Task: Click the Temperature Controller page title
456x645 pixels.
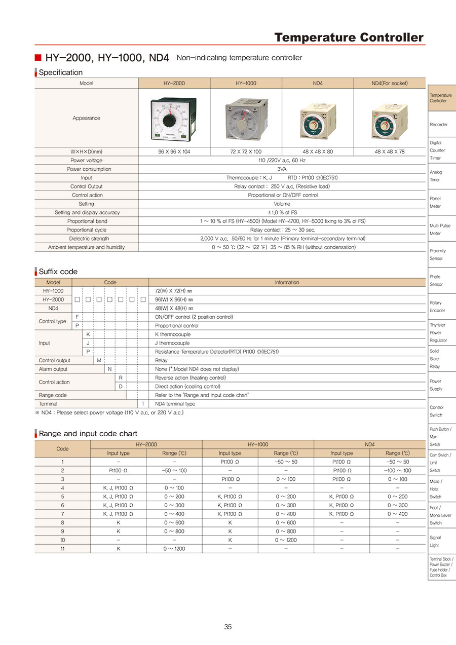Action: click(x=349, y=37)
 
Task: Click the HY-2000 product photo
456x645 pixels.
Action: click(x=174, y=118)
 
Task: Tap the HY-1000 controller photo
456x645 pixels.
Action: click(x=246, y=118)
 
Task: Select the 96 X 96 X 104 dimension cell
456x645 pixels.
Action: click(x=174, y=151)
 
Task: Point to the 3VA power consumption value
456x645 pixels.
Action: click(x=282, y=169)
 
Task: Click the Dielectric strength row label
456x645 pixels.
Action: click(x=86, y=239)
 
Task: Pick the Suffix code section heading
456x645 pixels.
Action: click(x=58, y=272)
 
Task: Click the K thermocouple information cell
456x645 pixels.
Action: click(x=173, y=334)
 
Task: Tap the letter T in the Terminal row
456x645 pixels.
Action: click(x=143, y=404)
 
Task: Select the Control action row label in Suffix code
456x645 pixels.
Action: click(x=54, y=382)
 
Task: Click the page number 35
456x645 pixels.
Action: click(x=228, y=627)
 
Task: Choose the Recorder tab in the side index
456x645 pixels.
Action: click(x=439, y=125)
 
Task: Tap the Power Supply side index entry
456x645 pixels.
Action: click(x=436, y=385)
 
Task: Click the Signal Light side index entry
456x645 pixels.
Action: click(x=435, y=541)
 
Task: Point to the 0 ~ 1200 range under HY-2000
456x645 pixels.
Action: click(x=174, y=548)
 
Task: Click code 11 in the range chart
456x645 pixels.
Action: click(x=62, y=548)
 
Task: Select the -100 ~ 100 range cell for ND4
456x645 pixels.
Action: click(x=398, y=471)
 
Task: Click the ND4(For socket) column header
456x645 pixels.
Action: click(x=389, y=83)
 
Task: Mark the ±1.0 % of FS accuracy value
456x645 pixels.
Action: click(x=282, y=213)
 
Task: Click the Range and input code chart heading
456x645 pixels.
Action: click(x=88, y=434)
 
